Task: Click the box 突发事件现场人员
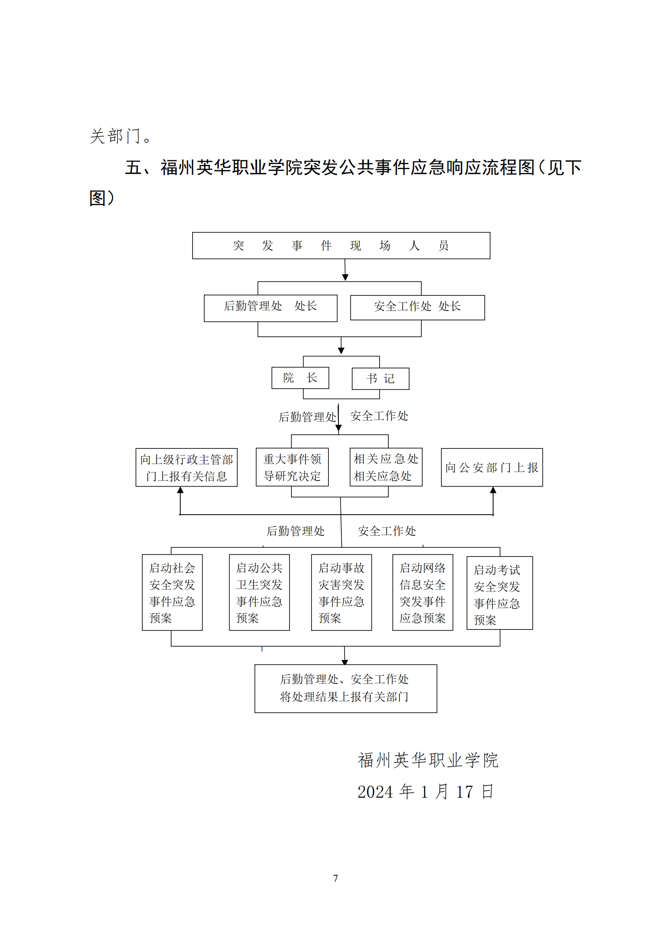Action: (341, 245)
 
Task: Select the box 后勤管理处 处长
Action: (270, 308)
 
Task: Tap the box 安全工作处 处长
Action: (417, 307)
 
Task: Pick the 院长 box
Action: (300, 377)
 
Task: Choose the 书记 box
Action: (380, 378)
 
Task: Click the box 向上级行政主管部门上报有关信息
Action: (186, 467)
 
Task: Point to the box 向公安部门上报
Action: (491, 467)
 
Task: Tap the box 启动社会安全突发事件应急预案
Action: (172, 592)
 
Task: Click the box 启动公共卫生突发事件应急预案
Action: (259, 592)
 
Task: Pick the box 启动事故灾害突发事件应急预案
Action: (341, 592)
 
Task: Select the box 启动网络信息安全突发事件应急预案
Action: (422, 592)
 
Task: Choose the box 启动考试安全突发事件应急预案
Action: (499, 593)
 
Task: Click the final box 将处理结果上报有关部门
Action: (345, 688)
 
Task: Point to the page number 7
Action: (335, 878)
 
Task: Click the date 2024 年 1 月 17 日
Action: (425, 792)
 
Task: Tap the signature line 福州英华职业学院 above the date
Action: (428, 760)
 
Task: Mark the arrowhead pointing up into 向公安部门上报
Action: (493, 490)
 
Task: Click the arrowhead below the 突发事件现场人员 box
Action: (345, 277)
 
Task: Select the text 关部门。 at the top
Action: (121, 136)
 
